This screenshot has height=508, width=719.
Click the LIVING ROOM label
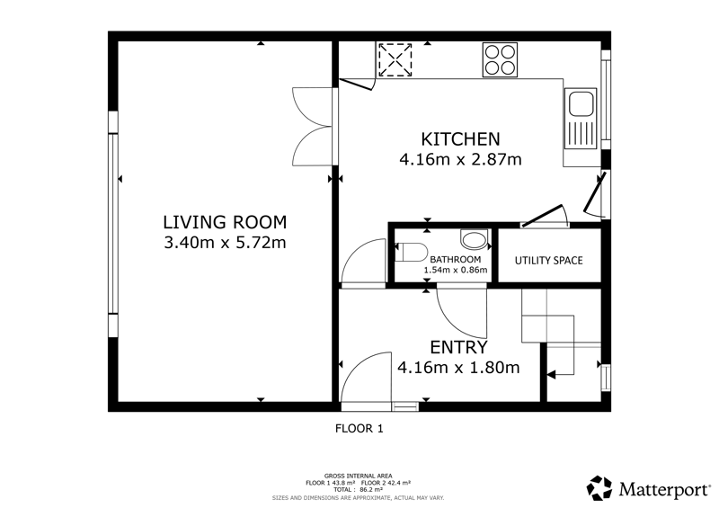[x=225, y=222]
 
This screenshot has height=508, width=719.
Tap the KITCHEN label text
[x=460, y=138]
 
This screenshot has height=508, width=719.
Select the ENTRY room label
[x=458, y=347]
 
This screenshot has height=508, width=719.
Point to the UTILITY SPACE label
[x=548, y=261]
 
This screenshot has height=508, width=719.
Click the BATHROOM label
[x=456, y=260]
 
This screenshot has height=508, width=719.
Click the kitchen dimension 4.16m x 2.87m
[x=460, y=160]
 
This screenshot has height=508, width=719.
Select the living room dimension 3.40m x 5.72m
[x=225, y=242]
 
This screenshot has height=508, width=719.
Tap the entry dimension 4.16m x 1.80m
[x=458, y=368]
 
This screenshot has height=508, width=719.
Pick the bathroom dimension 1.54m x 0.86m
[x=456, y=270]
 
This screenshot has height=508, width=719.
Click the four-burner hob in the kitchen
[x=500, y=59]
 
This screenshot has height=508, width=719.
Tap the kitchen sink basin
[x=581, y=104]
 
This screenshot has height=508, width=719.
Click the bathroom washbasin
[x=474, y=240]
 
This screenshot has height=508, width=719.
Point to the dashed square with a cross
[x=395, y=60]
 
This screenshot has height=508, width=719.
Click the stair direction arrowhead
[x=552, y=375]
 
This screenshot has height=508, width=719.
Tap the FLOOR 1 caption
[x=359, y=429]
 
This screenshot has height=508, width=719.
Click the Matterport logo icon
[x=599, y=488]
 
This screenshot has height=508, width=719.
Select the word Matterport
[x=664, y=489]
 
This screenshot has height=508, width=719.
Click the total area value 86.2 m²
[x=371, y=489]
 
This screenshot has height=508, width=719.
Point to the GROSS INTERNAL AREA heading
[x=358, y=476]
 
